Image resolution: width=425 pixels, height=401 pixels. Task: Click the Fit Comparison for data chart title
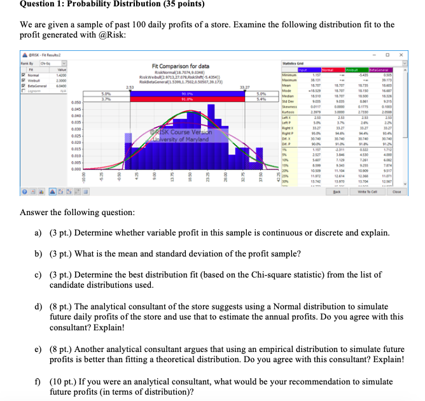[x=181, y=67]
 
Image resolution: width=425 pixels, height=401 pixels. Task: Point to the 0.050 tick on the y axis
[x=75, y=101]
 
